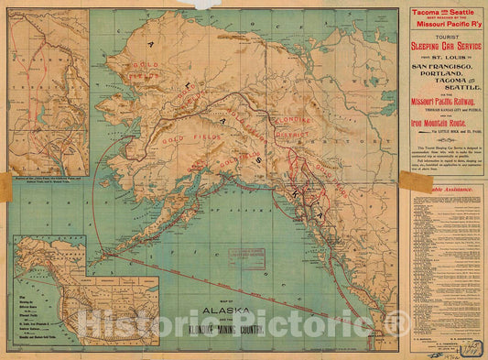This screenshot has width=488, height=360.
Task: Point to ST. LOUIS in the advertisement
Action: click(446, 60)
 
